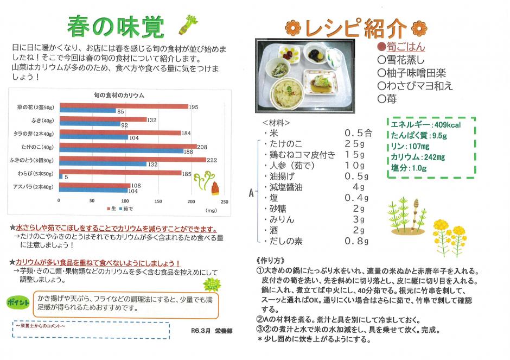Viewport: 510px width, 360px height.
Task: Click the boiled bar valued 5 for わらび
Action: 60,177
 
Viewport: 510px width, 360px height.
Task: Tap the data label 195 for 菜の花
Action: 193,107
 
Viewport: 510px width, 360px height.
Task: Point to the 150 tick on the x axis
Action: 157,201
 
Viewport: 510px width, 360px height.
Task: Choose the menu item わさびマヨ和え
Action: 417,85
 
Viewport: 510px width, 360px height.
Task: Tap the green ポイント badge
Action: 18,302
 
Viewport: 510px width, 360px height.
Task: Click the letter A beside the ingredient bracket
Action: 251,192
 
